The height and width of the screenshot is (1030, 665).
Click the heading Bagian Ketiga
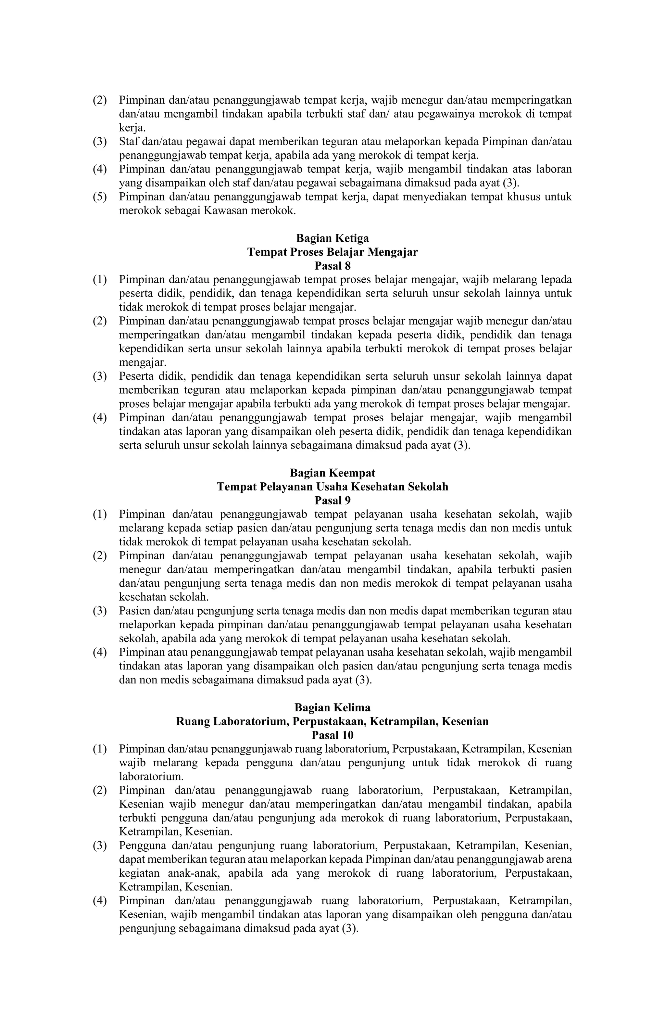[332, 238]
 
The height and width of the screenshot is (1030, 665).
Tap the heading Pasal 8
[332, 266]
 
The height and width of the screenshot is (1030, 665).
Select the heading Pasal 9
[332, 501]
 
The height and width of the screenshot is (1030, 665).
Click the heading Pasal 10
[332, 735]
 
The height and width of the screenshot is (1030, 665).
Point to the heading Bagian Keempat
[332, 473]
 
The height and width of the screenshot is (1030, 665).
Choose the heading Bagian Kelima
[332, 707]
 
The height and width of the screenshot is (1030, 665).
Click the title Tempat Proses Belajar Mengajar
[332, 252]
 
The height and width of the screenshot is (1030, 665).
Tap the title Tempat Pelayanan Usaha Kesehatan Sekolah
[332, 487]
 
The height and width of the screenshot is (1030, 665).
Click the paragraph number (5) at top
[100, 197]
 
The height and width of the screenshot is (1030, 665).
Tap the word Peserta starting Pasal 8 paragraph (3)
[136, 376]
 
